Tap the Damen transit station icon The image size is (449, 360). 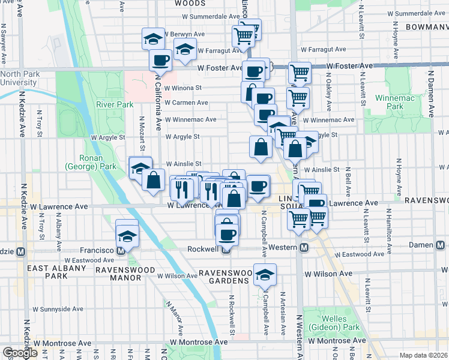pyautogui.click(x=440, y=245)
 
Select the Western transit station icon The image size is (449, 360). pyautogui.click(x=304, y=248)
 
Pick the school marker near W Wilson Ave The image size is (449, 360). pyautogui.click(x=265, y=275)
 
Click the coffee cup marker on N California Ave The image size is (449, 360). pyautogui.click(x=161, y=59)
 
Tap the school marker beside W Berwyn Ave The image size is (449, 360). pyautogui.click(x=153, y=40)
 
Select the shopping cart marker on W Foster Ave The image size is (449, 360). pyautogui.click(x=299, y=73)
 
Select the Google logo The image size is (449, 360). pyautogui.click(x=20, y=353)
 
